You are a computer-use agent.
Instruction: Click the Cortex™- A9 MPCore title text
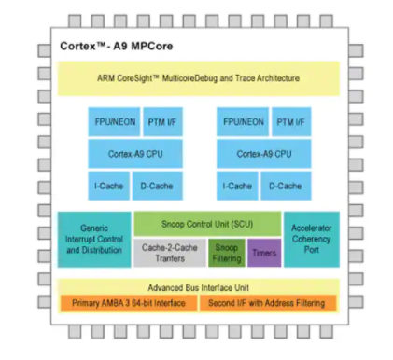[111, 45]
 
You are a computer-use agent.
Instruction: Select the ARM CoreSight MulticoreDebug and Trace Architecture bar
[198, 78]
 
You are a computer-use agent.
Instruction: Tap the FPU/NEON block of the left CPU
[109, 123]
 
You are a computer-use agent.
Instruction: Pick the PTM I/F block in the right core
[286, 123]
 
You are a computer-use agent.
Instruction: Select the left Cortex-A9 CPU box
[133, 154]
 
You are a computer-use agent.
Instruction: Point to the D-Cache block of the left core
[154, 186]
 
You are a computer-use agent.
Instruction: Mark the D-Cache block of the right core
[284, 186]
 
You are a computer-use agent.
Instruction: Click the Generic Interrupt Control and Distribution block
[93, 238]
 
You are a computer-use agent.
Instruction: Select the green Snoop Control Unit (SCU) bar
[206, 224]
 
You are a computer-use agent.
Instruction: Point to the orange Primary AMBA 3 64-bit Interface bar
[132, 303]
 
